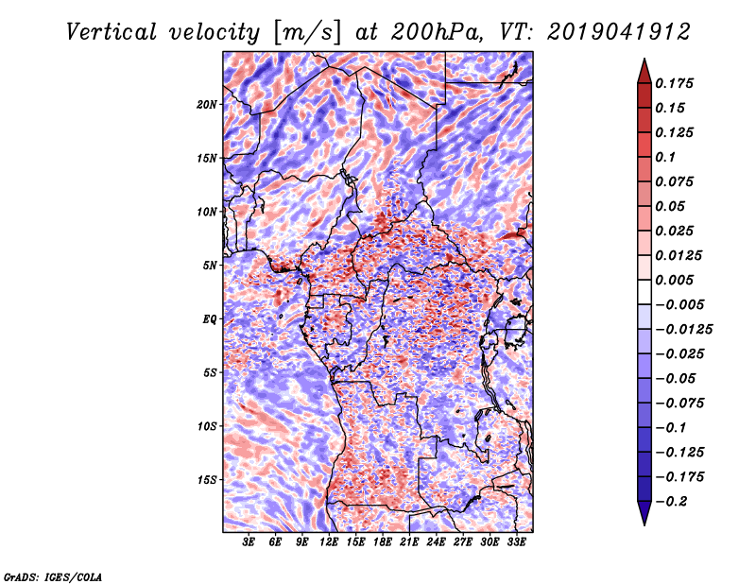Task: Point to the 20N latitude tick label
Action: (207, 104)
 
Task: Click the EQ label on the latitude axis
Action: (211, 319)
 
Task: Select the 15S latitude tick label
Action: (207, 480)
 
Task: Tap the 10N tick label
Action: (207, 212)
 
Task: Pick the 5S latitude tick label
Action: (210, 372)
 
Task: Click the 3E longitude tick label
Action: (249, 543)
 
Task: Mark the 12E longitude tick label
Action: (330, 543)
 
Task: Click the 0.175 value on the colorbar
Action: (677, 83)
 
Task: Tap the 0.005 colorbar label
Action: (677, 281)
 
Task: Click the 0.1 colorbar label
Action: (668, 157)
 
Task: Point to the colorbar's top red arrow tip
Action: (644, 60)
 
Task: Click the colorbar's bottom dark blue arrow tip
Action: (644, 523)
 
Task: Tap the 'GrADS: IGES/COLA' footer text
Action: (53, 575)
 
